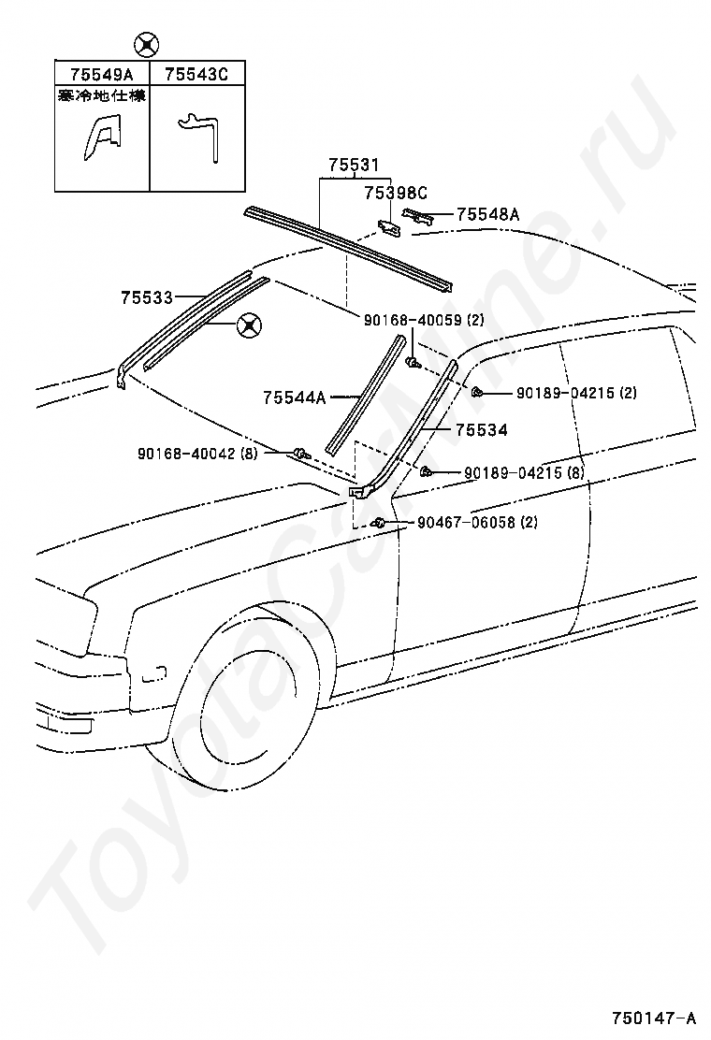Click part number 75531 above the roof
353,166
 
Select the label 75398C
395,194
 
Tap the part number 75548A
487,214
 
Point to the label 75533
146,297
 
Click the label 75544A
294,398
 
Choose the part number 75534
482,430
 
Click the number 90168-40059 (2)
424,320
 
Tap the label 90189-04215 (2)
575,393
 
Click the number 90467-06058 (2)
477,523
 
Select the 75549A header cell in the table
102,74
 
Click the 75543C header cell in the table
196,74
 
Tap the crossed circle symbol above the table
147,43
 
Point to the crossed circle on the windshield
249,325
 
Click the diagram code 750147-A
654,1018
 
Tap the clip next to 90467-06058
380,522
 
